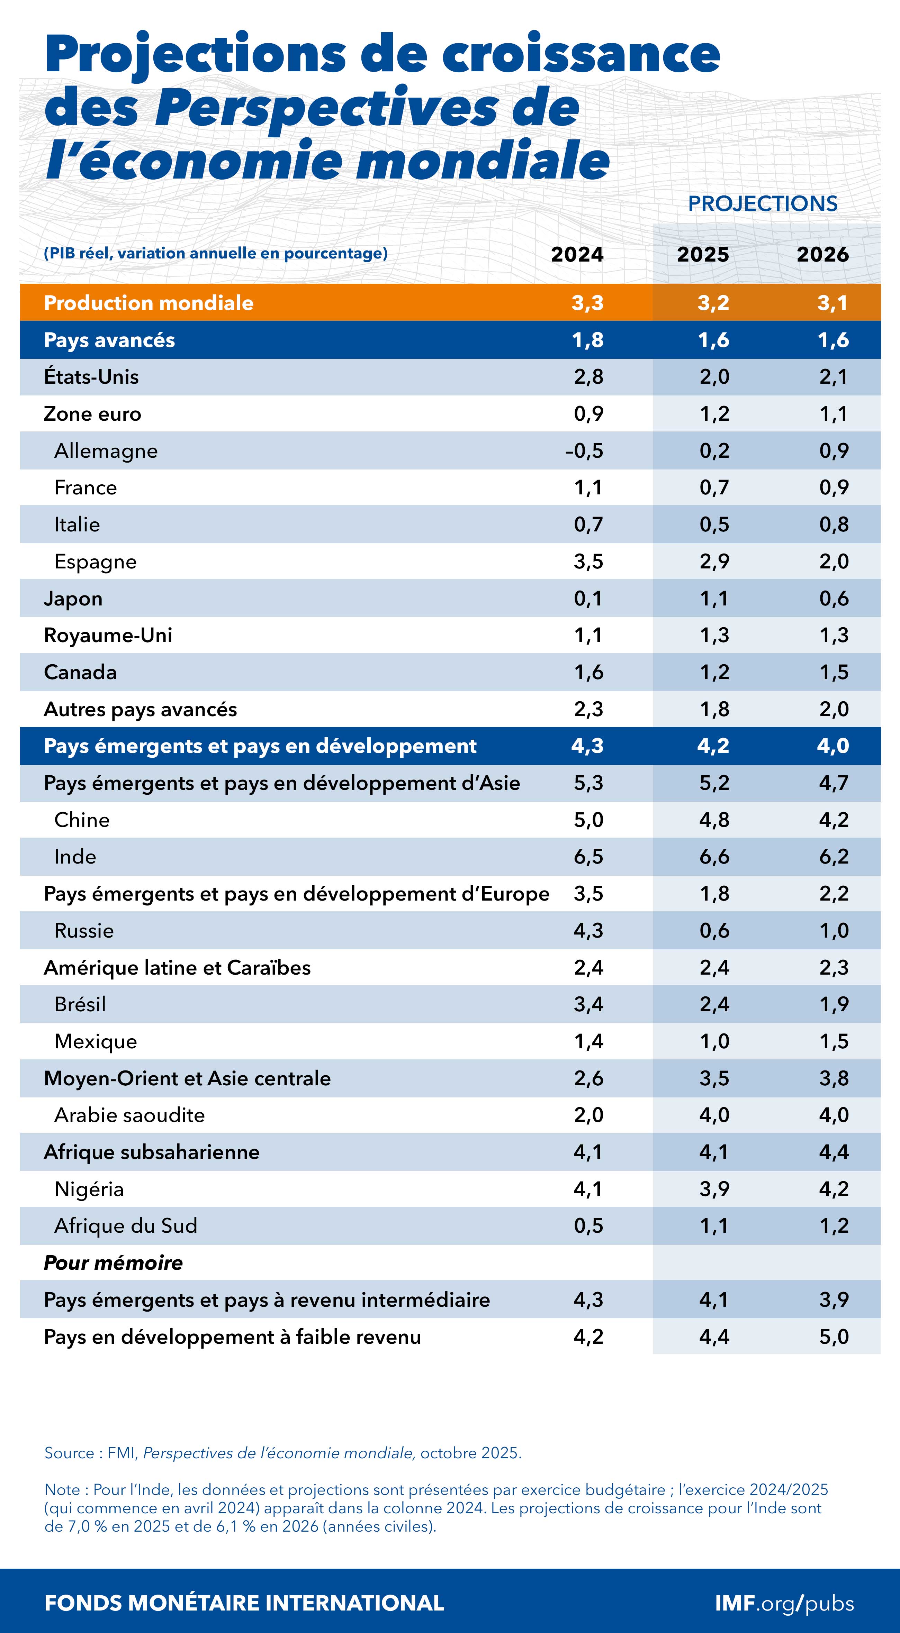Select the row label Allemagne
point(106,451)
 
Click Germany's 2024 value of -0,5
point(584,451)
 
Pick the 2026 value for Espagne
point(834,561)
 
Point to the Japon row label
point(73,599)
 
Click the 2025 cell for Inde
point(714,856)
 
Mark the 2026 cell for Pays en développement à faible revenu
point(834,1336)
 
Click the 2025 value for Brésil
point(714,1004)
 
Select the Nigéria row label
point(89,1189)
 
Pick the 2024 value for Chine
point(588,820)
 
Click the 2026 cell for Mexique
point(834,1041)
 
